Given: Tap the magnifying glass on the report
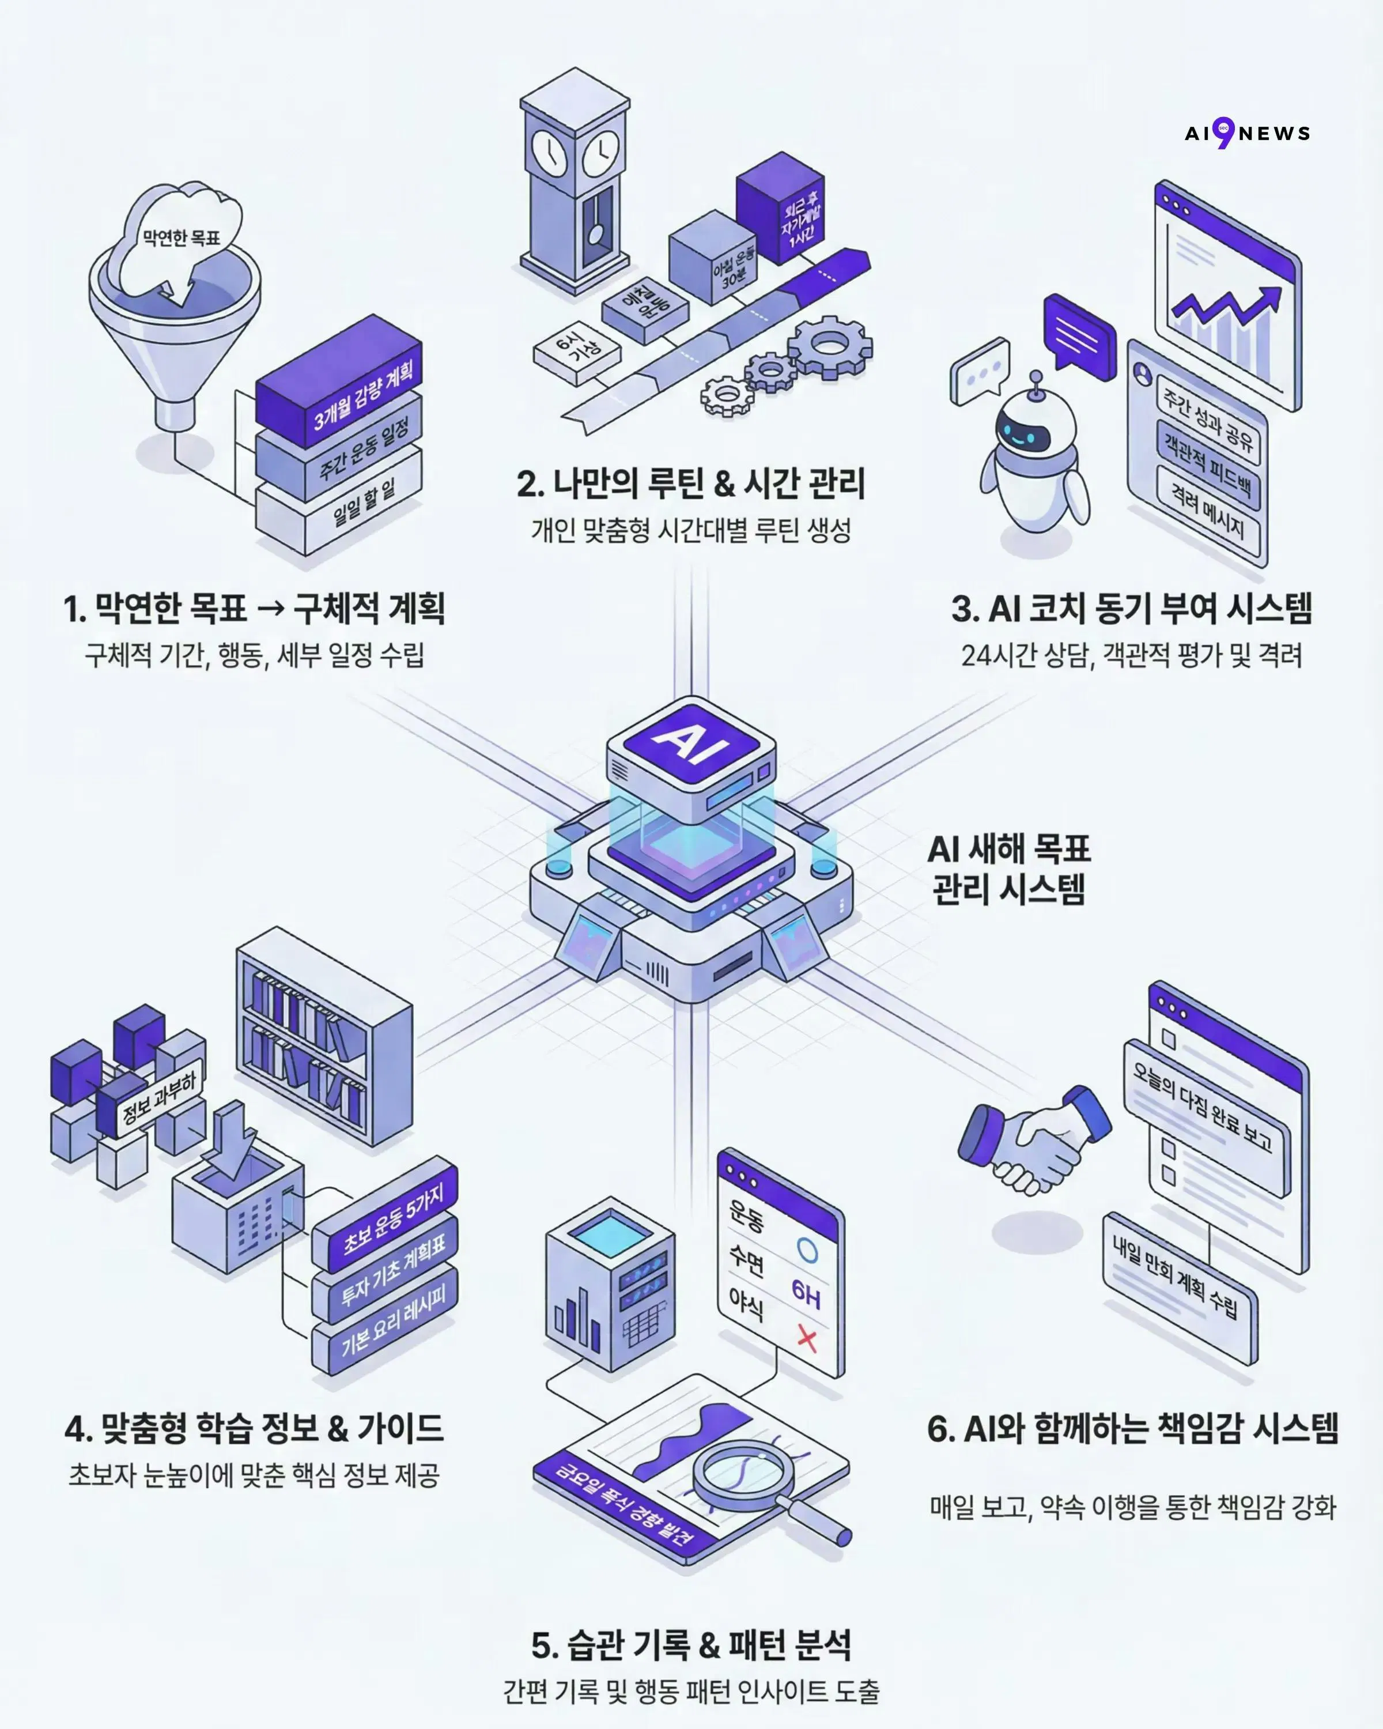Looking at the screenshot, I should coord(750,1483).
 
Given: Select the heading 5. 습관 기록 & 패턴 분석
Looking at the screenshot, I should coord(691,1644).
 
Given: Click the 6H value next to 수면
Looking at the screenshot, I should coord(806,1292).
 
